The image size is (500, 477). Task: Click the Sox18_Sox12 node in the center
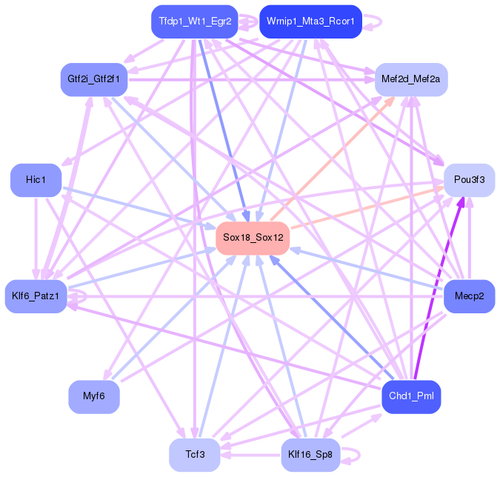[252, 238]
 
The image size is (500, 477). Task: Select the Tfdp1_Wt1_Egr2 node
[196, 21]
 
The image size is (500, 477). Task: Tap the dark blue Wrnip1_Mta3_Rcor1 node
[310, 21]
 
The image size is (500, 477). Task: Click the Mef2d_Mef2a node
[410, 79]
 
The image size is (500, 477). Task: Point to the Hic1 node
[36, 180]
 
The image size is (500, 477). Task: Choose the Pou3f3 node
[469, 180]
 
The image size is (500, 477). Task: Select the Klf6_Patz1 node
[36, 296]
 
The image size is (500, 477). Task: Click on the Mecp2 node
[469, 296]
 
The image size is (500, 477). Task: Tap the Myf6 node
[94, 396]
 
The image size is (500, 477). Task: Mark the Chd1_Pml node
[410, 396]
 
